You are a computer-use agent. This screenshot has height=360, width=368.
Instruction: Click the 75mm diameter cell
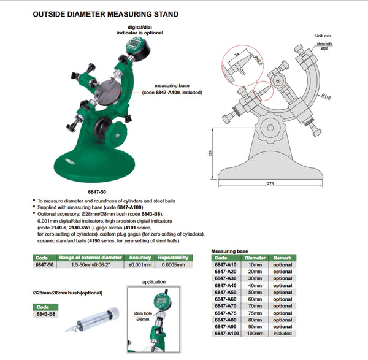[255, 312]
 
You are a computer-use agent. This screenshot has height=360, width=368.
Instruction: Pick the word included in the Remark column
[283, 332]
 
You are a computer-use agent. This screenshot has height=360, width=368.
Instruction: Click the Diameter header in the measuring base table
[255, 258]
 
